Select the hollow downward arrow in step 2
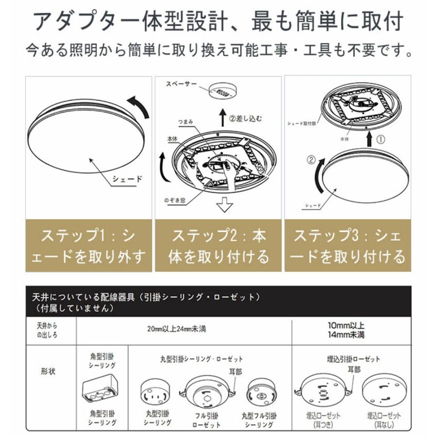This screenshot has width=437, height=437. [x=224, y=206]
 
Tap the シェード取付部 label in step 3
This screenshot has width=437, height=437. [x=302, y=124]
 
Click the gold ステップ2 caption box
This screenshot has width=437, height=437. [x=218, y=246]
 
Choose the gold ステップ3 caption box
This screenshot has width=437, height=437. [x=348, y=246]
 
